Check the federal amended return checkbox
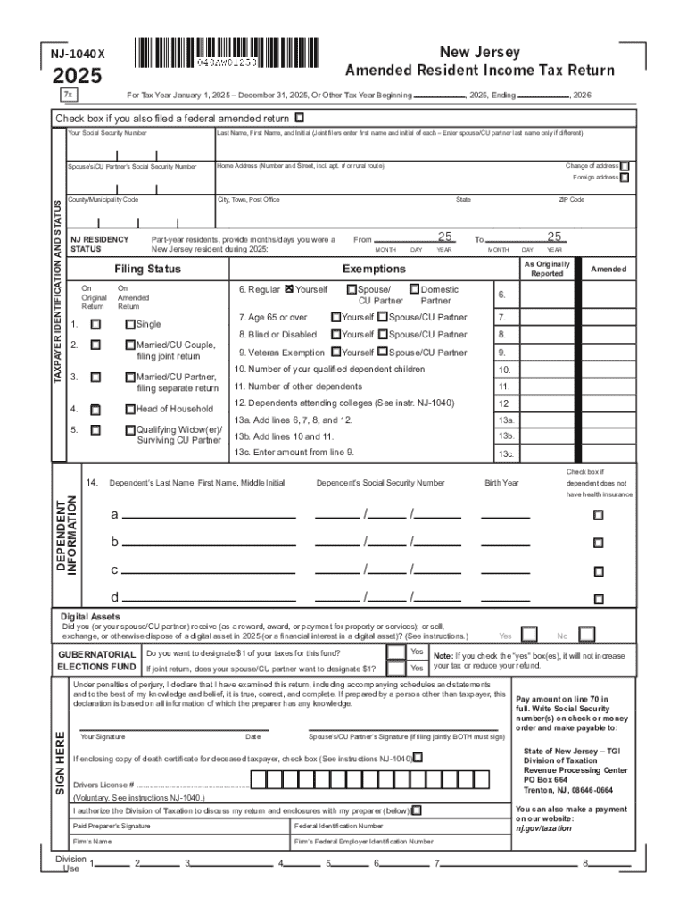click(299, 117)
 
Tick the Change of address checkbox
click(625, 166)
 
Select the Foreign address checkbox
click(625, 178)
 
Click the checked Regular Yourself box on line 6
click(289, 289)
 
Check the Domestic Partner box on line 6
click(414, 289)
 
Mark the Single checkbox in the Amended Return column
click(130, 324)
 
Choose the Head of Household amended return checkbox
click(130, 409)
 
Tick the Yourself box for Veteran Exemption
click(335, 353)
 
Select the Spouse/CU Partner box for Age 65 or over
click(381, 317)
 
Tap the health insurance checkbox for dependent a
click(599, 515)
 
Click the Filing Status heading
click(147, 269)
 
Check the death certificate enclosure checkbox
click(418, 758)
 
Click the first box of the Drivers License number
click(258, 782)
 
